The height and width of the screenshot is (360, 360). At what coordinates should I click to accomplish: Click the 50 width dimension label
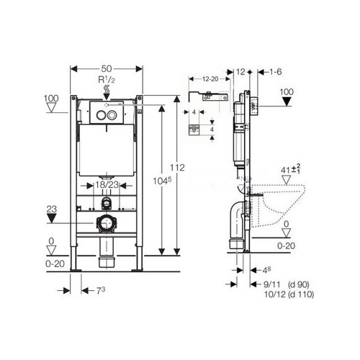(x=107, y=69)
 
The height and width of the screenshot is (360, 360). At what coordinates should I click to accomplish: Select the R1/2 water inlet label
(x=107, y=80)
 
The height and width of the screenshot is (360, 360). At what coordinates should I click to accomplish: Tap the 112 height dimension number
(x=177, y=168)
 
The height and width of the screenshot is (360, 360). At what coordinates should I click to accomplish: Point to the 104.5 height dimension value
(x=163, y=181)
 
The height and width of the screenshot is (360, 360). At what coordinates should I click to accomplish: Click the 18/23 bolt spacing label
(x=107, y=185)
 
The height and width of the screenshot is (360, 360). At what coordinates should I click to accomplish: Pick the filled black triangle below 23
(x=51, y=218)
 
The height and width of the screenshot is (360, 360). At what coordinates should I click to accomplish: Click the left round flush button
(x=101, y=115)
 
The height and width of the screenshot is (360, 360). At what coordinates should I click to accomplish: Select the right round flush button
(x=112, y=115)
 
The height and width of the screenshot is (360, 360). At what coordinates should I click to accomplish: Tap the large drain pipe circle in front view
(x=106, y=223)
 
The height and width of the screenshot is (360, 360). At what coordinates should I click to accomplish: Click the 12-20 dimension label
(x=210, y=79)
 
